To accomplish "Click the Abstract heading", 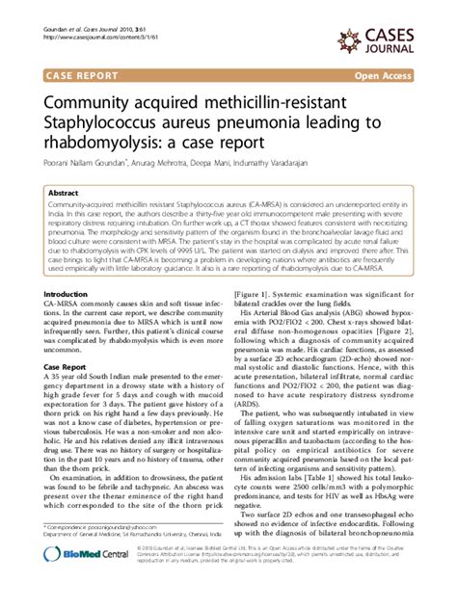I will pyautogui.click(x=64, y=193).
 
